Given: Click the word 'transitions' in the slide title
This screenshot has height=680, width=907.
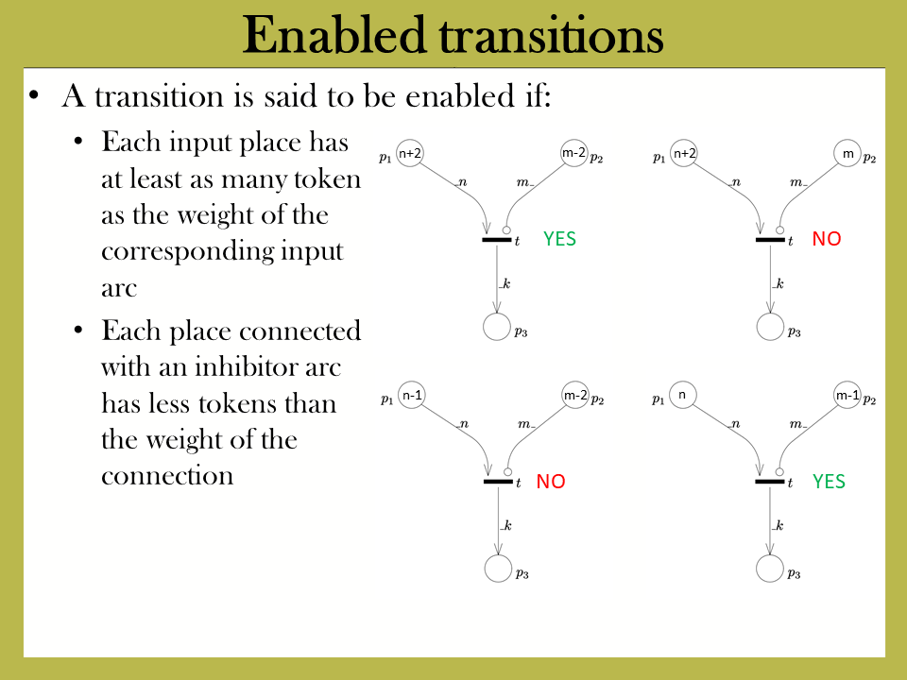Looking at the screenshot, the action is point(551,36).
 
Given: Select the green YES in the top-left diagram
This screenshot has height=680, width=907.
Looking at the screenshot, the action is point(559,238).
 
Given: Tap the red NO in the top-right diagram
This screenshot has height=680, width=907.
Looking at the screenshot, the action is point(826,238).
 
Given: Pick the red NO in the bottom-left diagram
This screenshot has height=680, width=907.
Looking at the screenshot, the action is point(550,481).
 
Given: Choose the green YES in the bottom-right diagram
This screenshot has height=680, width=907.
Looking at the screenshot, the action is point(829,481).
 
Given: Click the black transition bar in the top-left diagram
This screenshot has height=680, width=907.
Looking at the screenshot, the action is point(496,239).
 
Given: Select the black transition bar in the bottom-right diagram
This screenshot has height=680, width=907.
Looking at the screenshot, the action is point(770,481).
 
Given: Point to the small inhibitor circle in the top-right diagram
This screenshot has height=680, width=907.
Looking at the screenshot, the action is point(779,230).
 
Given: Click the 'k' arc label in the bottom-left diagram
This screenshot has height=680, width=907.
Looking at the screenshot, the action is point(507,525).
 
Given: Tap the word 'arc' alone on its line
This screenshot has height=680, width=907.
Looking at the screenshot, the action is point(119,288).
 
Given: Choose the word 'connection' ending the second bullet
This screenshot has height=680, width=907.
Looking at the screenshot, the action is point(167,475).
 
